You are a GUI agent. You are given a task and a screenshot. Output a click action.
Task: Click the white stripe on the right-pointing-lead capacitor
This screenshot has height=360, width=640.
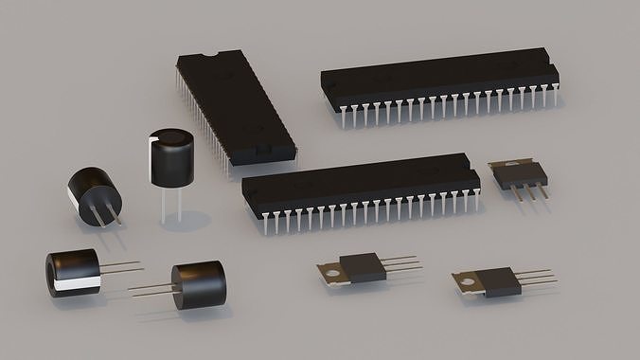click(76, 284)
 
